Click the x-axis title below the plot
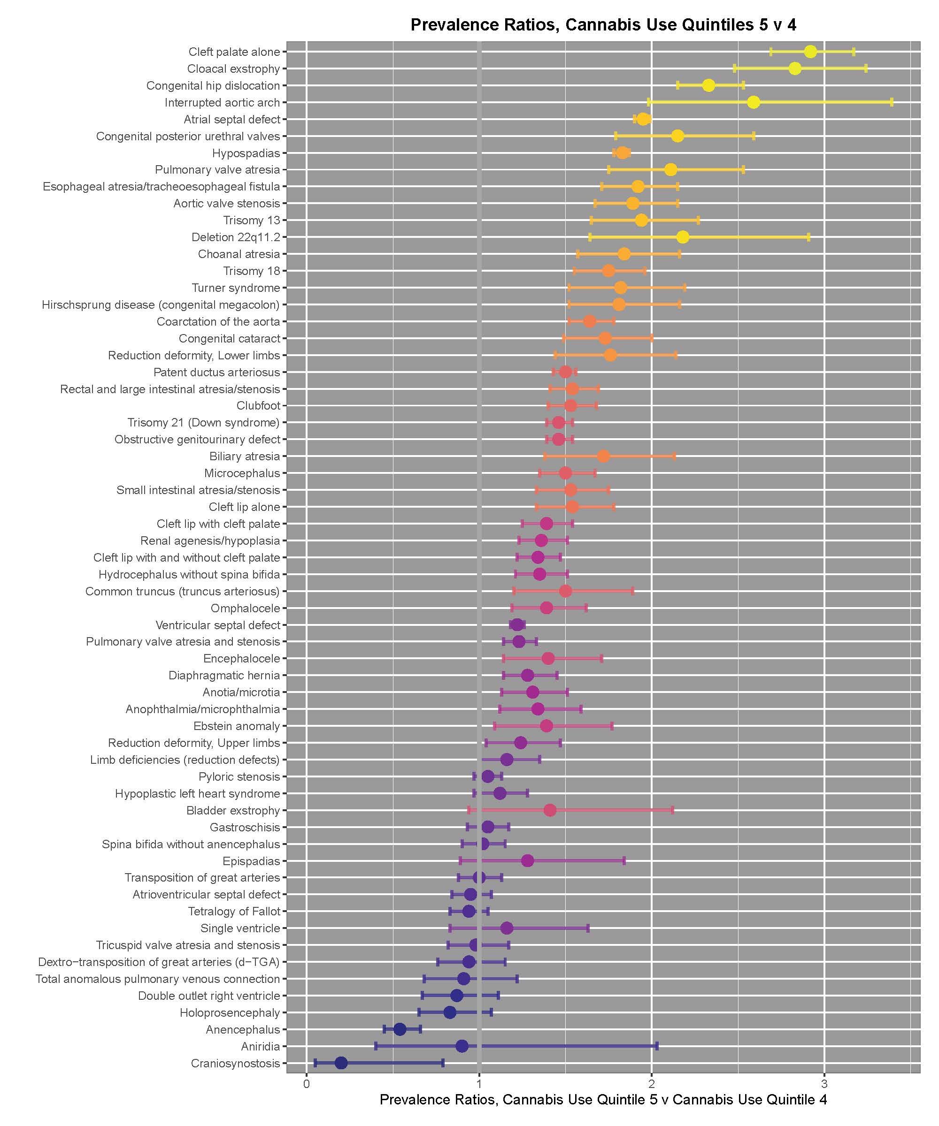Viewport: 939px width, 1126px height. click(603, 1100)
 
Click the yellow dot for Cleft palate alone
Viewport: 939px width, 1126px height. click(810, 52)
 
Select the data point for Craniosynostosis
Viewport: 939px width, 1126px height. click(341, 1063)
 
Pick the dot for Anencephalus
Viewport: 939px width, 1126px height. click(400, 1029)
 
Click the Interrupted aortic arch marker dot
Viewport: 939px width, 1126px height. click(754, 102)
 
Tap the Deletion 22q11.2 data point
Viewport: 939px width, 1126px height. click(683, 237)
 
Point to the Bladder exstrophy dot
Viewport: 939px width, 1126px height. click(549, 810)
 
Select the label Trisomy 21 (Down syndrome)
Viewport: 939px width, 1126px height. click(203, 423)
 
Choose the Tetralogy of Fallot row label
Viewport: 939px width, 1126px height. click(234, 911)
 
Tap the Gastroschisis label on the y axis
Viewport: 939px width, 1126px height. click(245, 827)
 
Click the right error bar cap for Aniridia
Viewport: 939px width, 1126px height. click(657, 1046)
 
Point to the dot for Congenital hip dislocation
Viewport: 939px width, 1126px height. click(708, 85)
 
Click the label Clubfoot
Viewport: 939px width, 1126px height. click(258, 405)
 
